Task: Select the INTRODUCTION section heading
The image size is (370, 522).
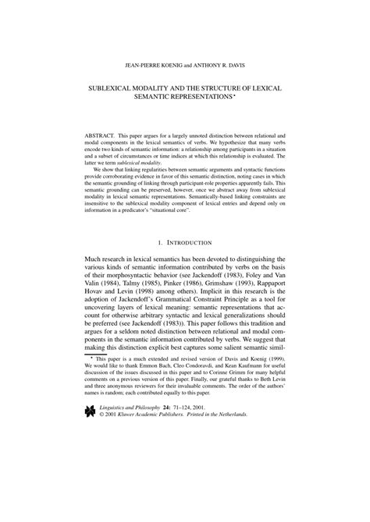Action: (x=189, y=243)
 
